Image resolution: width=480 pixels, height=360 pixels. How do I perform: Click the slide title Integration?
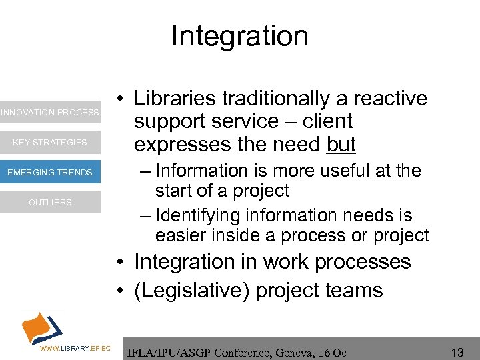239,36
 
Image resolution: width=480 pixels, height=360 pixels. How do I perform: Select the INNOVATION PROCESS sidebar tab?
50,112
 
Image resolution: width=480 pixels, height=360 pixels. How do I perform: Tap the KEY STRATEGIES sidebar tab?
50,142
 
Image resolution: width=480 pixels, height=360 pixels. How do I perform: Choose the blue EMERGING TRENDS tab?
50,172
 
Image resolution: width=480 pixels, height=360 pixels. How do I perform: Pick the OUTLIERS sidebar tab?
50,202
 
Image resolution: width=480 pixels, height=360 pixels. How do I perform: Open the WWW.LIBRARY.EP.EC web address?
75,348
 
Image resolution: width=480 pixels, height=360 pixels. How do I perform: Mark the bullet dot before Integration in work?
117,262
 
